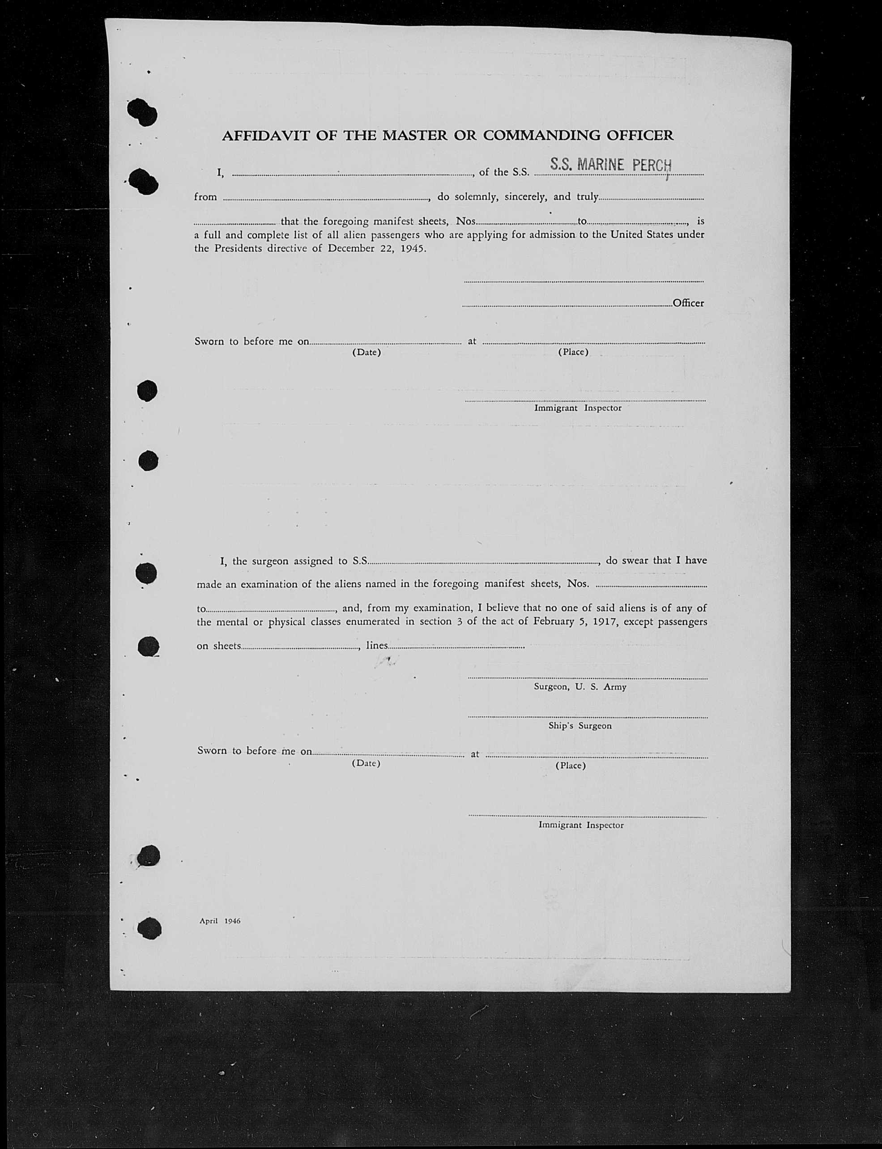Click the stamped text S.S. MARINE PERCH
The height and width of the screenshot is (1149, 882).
point(610,166)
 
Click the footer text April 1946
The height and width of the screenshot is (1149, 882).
point(220,921)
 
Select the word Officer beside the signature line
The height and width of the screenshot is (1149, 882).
point(688,303)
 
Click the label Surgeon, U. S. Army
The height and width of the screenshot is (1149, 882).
point(579,686)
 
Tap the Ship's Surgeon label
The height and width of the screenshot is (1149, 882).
point(579,726)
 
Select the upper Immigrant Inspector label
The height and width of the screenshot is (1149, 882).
point(578,408)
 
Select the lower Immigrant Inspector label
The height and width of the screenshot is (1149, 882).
point(581,825)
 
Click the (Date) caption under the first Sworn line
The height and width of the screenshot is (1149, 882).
point(366,352)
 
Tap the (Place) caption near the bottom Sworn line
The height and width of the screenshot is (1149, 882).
point(570,766)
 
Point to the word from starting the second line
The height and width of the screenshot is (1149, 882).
point(205,197)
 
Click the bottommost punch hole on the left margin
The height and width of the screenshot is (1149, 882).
point(149,928)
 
